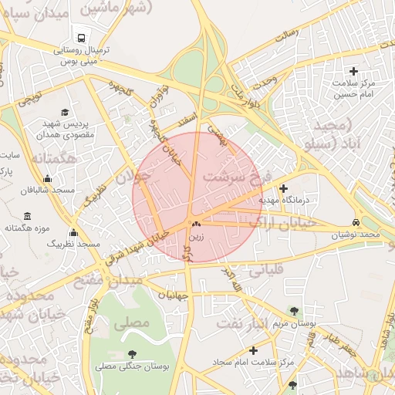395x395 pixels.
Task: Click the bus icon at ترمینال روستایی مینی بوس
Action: point(80,37)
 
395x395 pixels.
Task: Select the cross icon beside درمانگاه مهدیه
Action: point(283,188)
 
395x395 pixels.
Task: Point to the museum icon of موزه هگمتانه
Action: point(28,216)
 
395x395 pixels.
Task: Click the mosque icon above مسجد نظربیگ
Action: point(73,232)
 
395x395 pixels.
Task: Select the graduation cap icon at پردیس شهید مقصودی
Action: point(64,112)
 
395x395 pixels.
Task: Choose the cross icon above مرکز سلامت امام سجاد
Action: point(253,350)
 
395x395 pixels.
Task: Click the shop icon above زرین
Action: point(196,225)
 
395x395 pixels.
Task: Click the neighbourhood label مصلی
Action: point(131,324)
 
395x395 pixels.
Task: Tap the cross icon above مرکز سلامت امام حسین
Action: point(356,71)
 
